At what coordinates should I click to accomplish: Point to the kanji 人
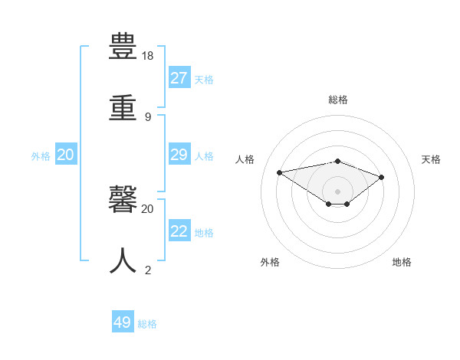pos(123,261)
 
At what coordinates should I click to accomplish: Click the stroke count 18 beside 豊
pos(148,56)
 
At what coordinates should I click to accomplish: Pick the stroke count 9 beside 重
pos(148,116)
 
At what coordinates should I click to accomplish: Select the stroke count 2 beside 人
pos(148,270)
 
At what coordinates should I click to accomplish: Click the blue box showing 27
pos(179,78)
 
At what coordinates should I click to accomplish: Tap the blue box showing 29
pos(179,155)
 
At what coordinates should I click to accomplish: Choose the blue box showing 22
pos(179,231)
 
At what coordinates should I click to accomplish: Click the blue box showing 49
pos(123,322)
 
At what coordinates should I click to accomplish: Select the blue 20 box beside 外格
pos(65,155)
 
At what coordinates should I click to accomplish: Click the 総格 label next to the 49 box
pos(148,324)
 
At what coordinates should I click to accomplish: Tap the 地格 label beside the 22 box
pos(205,233)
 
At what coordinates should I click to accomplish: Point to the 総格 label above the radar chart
pos(338,100)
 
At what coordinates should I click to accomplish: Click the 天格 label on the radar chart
pos(432,159)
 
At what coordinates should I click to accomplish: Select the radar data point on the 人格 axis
pos(280,172)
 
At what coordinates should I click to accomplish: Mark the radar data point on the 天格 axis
pos(382,177)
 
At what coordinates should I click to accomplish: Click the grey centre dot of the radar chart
pos(338,191)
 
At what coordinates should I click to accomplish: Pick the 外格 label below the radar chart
pos(270,262)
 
